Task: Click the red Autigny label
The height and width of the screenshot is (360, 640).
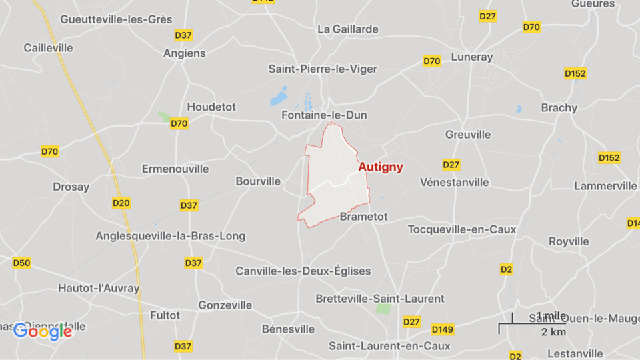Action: point(381,167)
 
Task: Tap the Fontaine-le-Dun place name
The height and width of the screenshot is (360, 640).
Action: point(324,115)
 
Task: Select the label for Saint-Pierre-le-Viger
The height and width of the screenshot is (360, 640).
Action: point(323,69)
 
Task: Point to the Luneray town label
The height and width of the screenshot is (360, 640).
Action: point(471,57)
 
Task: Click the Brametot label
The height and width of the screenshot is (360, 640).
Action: point(363,217)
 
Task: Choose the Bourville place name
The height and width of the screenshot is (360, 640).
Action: point(258,181)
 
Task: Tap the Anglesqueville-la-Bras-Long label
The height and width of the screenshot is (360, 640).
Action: point(170,236)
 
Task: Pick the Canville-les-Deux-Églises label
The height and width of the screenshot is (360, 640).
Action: point(303,271)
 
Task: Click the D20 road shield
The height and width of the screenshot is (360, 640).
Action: point(121,203)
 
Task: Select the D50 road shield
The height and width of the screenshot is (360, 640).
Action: point(22,263)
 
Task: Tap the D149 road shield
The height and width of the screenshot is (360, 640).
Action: point(443,329)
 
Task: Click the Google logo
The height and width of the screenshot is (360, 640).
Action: point(43,331)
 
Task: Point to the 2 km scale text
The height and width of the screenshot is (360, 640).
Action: point(553,332)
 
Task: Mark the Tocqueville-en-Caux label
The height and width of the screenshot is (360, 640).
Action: point(462,229)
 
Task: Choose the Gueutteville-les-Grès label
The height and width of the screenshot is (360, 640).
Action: point(116,19)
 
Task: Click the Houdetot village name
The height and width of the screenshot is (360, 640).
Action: point(211,107)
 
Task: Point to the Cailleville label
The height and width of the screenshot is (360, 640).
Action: point(47,47)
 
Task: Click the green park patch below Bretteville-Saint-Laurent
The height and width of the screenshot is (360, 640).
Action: point(383,309)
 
